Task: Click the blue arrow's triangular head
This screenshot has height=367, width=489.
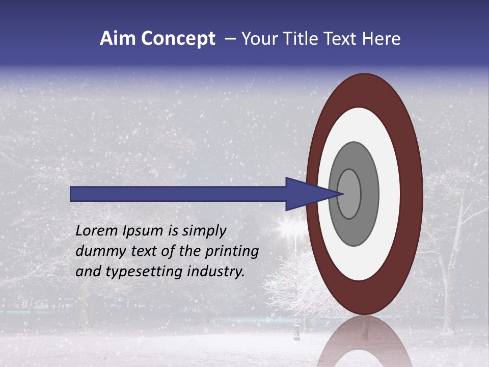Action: coord(306,194)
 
